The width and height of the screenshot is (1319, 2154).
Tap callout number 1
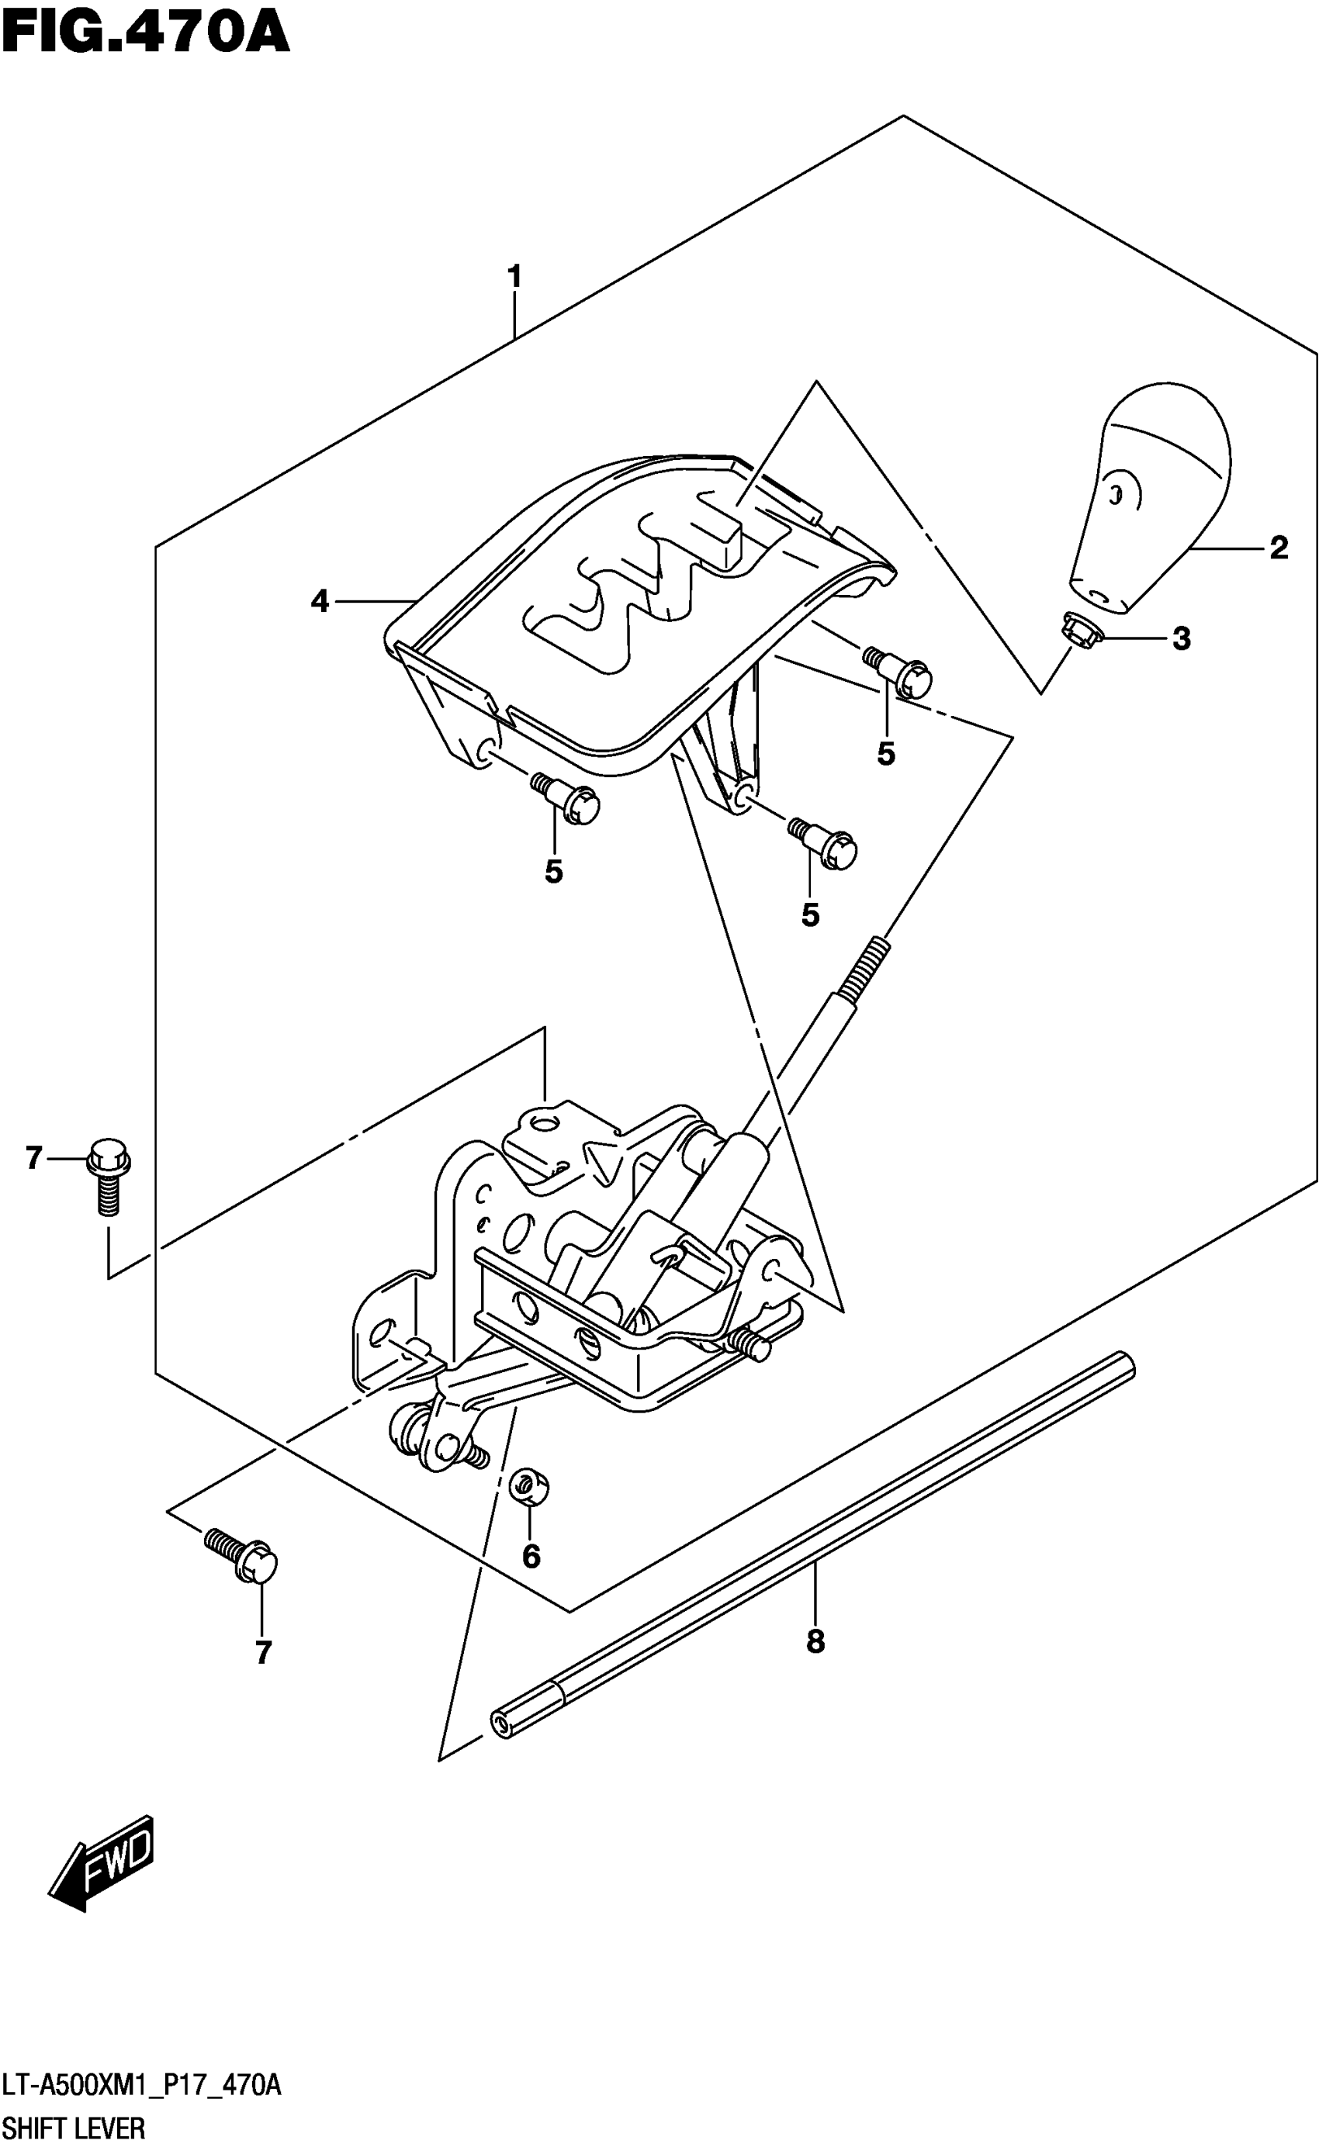coord(514,276)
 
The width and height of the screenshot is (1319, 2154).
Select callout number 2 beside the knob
coord(1278,548)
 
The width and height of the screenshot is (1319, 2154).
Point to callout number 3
coord(1181,639)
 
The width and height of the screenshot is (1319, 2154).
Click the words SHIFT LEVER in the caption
coord(74,2128)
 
